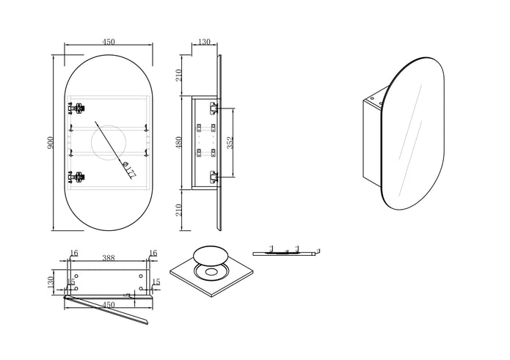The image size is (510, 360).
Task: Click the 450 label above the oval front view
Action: tap(109, 42)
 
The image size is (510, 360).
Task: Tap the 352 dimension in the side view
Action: tap(230, 142)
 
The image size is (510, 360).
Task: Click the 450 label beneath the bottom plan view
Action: tap(109, 305)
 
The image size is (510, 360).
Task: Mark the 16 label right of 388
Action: tap(153, 253)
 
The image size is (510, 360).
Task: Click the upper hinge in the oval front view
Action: tap(76, 109)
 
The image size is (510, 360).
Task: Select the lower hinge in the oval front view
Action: tap(76, 177)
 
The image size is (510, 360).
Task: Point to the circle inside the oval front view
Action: tap(108, 142)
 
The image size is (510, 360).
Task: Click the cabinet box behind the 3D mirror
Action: tap(374, 143)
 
